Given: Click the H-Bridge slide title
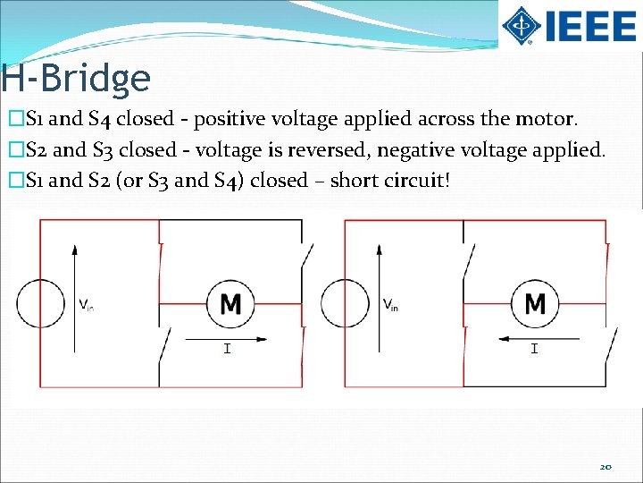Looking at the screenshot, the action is (76, 79).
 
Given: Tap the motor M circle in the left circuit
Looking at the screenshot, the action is (230, 304).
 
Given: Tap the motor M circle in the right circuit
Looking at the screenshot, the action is (535, 304).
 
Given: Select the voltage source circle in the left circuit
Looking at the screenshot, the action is (39, 303).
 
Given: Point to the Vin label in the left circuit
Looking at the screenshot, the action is (87, 305).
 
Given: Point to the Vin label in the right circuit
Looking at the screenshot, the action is (391, 305).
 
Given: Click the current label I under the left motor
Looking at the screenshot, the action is (227, 348).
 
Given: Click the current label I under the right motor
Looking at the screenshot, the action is (534, 348).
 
